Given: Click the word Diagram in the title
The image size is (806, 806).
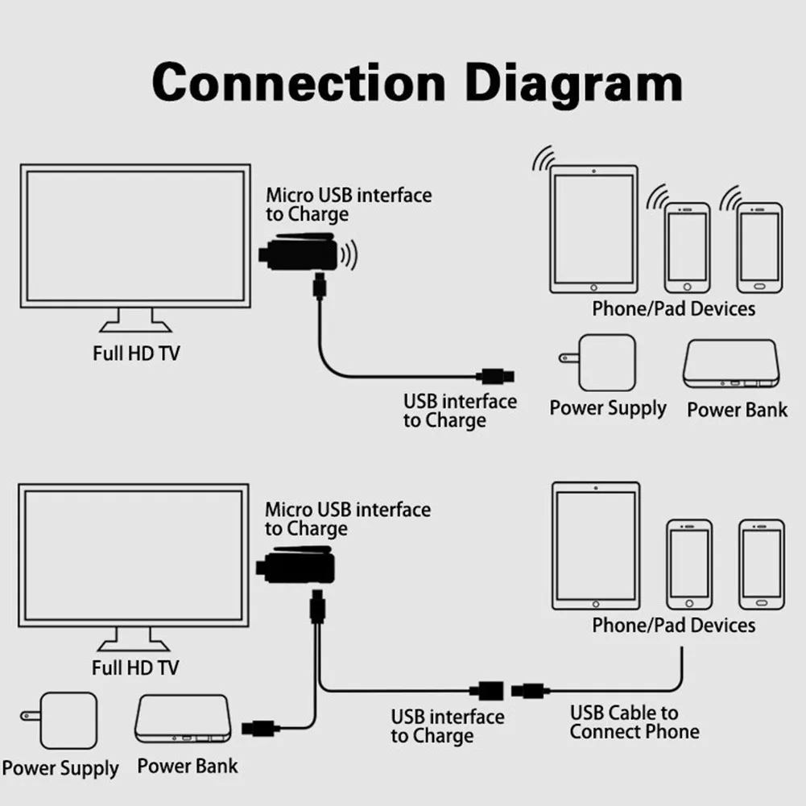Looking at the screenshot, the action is click(573, 83).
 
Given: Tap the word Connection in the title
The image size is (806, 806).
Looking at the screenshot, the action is click(299, 82).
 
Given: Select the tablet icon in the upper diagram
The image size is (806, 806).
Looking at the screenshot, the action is click(593, 229).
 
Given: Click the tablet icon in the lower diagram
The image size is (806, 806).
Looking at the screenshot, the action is click(596, 546).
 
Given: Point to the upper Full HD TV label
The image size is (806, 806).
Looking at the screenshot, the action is click(136, 353).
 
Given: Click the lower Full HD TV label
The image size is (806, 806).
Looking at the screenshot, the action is click(135, 668).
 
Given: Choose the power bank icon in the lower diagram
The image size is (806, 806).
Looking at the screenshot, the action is click(183, 718).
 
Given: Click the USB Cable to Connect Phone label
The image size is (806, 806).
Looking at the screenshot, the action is click(634, 722).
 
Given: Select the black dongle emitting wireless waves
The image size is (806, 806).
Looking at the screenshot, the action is click(300, 252).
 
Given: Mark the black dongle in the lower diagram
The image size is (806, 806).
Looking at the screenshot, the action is click(296, 565).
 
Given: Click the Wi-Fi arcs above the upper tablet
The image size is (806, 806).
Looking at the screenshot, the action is click(544, 159).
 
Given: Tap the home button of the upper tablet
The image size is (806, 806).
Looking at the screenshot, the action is click(593, 288).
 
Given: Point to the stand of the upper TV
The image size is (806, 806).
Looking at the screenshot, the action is click(136, 320).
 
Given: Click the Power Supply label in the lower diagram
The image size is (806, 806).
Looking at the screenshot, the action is click(60, 768).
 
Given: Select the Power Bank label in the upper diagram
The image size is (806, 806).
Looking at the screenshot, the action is click(737, 410).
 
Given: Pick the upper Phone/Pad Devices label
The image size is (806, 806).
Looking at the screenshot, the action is click(673, 308).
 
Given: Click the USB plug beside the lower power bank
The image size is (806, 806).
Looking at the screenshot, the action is click(261, 729).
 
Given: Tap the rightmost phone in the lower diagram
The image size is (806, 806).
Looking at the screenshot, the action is click(761, 564).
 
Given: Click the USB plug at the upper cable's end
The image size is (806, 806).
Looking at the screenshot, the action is click(495, 376).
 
